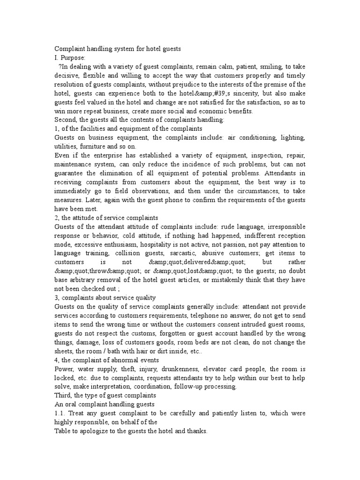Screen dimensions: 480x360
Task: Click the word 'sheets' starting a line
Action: point(65,351)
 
